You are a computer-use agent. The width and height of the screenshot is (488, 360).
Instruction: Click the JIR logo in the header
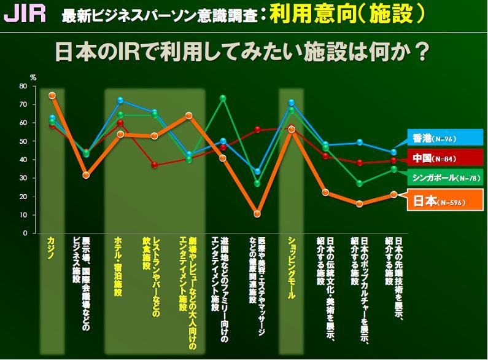(x=25, y=14)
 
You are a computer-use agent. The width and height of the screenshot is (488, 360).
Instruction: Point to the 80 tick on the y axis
(x=23, y=86)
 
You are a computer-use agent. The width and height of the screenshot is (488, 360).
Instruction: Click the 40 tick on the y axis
(x=23, y=160)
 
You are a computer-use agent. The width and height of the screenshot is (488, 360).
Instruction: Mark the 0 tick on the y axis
(x=25, y=233)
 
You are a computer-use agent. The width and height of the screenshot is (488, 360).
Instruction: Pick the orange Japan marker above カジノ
(x=52, y=95)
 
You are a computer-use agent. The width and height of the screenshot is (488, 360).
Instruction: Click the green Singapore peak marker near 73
(x=223, y=98)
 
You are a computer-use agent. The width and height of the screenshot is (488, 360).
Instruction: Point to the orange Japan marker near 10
(x=257, y=214)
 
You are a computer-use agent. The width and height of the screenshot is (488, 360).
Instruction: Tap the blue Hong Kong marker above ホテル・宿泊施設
(x=120, y=100)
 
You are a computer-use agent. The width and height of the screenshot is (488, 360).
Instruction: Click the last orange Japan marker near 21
(x=393, y=194)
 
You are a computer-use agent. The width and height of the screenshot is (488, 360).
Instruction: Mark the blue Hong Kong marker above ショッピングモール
(x=292, y=103)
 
